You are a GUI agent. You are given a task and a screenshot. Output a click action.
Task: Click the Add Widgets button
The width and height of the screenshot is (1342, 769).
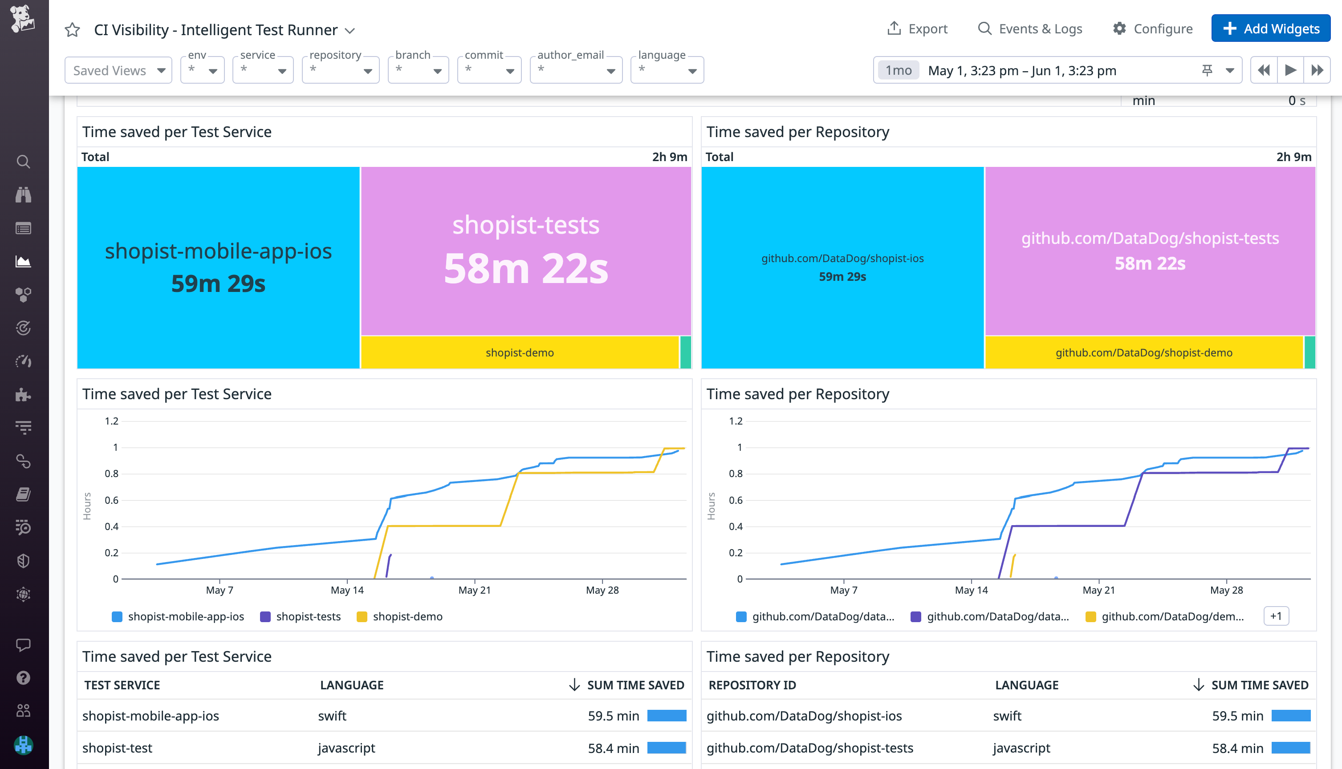coord(1270,28)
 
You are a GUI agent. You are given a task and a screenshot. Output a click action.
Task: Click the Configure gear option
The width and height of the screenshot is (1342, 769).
coord(1152,28)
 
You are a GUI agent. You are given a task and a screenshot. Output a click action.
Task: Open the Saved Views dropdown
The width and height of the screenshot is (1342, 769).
coord(118,70)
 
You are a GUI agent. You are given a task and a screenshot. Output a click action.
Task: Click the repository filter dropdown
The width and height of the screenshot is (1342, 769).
coord(340,70)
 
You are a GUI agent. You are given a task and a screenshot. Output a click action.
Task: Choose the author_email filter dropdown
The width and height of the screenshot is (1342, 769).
coord(575,70)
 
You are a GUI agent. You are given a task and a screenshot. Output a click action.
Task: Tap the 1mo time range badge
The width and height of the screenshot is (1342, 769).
coord(898,70)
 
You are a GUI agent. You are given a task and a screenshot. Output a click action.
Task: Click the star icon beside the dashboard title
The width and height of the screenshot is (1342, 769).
coord(73,29)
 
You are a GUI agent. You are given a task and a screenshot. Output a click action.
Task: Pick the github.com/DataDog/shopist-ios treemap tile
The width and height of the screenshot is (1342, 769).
coord(842,267)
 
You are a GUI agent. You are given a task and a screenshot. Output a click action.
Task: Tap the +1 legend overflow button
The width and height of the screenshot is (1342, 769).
coord(1275,616)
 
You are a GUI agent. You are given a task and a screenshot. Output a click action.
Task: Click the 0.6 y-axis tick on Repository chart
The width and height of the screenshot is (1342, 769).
coord(736,500)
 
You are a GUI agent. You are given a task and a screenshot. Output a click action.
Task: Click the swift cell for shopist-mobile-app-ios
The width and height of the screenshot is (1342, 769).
coord(332,716)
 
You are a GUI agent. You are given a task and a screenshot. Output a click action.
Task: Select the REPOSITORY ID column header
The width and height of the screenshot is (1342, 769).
coord(752,685)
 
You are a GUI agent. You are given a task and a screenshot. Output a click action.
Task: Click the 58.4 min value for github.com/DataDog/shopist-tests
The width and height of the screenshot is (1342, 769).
coord(1237,748)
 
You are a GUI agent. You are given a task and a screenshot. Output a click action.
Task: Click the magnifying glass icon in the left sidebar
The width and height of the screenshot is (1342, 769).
coord(23,162)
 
